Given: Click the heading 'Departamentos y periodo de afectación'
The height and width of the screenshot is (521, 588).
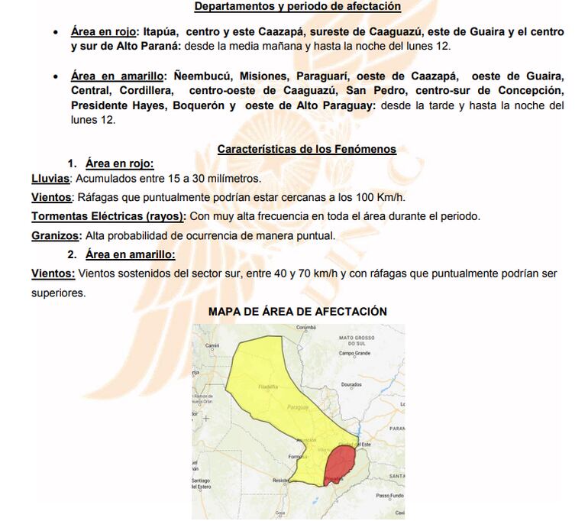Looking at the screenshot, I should pos(298,6).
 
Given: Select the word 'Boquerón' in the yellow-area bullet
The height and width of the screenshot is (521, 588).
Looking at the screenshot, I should pos(196,106).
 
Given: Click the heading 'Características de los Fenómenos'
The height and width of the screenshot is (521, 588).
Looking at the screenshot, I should pos(307,149).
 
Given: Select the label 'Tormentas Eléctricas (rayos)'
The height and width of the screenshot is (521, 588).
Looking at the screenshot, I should pos(108,216).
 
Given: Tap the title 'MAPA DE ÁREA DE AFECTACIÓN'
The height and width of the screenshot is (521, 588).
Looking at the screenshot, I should pos(298,312).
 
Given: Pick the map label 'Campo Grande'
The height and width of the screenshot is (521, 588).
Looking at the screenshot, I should pos(354,354).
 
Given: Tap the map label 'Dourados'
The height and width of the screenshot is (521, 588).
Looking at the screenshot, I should pos(351,385).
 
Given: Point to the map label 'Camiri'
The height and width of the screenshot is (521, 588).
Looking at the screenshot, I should pos(212,345).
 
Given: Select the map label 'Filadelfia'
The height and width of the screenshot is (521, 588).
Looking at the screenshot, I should pos(268,387).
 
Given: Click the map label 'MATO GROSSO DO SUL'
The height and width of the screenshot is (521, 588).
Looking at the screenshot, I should pos(357,340).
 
